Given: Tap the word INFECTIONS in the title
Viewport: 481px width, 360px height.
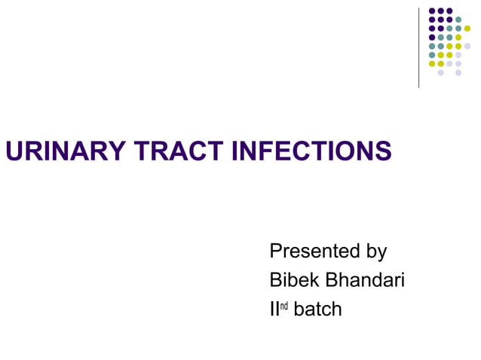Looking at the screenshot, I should pyautogui.click(x=311, y=151).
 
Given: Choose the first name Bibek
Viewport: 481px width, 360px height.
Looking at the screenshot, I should pyautogui.click(x=295, y=280).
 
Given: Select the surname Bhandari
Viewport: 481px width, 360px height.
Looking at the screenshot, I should pyautogui.click(x=366, y=280).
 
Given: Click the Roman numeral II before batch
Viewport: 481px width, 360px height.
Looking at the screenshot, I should pyautogui.click(x=274, y=309).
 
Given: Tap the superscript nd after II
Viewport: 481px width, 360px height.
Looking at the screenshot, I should pyautogui.click(x=284, y=306).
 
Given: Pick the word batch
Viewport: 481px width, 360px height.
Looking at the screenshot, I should pyautogui.click(x=317, y=309).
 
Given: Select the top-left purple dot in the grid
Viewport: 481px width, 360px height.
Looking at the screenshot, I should pyautogui.click(x=432, y=11).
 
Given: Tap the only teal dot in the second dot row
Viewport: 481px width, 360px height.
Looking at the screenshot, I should pyautogui.click(x=458, y=19).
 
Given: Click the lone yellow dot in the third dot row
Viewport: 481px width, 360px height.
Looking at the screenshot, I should pyautogui.click(x=467, y=29).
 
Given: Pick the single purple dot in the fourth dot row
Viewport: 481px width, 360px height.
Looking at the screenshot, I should pyautogui.click(x=432, y=37).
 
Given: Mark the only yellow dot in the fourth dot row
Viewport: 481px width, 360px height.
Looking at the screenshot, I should pyautogui.click(x=458, y=37).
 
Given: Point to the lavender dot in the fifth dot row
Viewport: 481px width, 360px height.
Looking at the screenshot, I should pyautogui.click(x=467, y=46).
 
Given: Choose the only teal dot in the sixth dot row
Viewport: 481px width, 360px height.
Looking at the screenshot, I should pyautogui.click(x=432, y=55).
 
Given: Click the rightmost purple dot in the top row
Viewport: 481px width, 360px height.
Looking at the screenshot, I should pyautogui.click(x=449, y=11).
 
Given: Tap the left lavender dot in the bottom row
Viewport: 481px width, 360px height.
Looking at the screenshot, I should pyautogui.click(x=440, y=72).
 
